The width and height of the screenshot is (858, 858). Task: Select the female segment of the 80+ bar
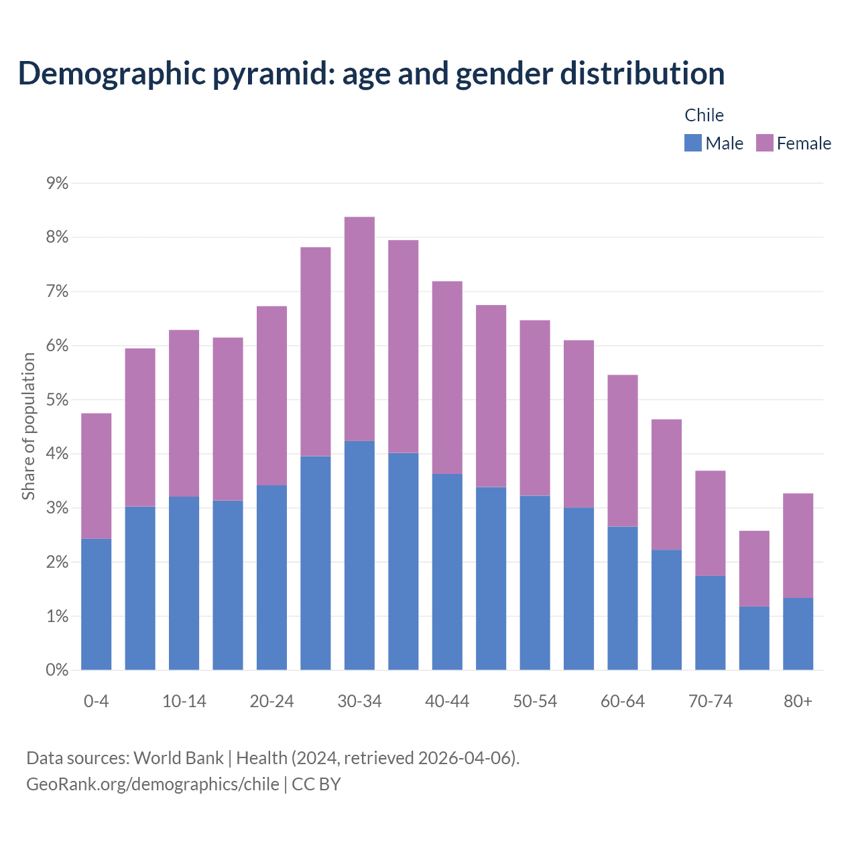click(798, 546)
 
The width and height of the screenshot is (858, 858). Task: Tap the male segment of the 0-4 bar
click(97, 604)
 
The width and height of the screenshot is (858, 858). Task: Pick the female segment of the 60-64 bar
click(622, 450)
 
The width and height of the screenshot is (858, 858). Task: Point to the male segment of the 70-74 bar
click(710, 623)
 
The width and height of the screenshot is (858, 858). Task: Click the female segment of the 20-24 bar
click(271, 395)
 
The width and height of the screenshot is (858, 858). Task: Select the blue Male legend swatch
click(692, 143)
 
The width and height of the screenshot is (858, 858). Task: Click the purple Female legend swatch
click(764, 143)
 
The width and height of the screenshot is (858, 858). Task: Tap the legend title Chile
click(704, 115)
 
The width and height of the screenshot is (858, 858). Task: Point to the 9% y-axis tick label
click(58, 183)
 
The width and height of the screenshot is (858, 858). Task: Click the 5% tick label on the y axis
click(58, 400)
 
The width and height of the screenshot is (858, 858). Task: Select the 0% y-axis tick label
click(58, 670)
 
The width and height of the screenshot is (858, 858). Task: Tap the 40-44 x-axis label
click(447, 701)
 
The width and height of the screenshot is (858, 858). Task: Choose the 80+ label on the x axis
click(798, 701)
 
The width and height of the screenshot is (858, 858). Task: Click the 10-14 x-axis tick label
click(184, 701)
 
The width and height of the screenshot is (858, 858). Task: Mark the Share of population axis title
click(28, 426)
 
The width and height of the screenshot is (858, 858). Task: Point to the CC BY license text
click(316, 784)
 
